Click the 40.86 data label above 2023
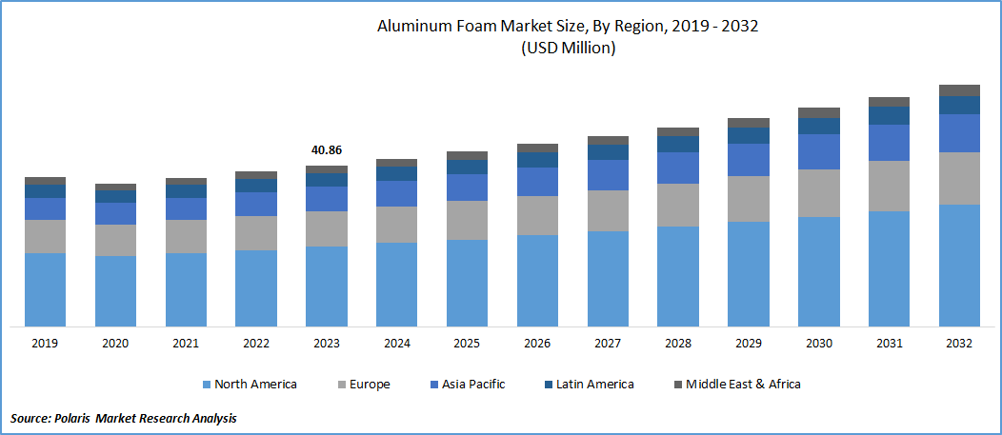pos(326,150)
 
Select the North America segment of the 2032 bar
pos(959,265)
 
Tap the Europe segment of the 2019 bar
pos(45,236)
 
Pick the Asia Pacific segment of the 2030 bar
pos(818,151)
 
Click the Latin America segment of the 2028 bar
pos(678,144)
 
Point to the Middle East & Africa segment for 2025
pos(467,155)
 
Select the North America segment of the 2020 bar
pos(115,290)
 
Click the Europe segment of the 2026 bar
pos(537,215)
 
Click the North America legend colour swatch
pos(206,385)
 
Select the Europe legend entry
pos(366,385)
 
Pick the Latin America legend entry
pos(588,385)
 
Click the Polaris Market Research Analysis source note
pos(124,418)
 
